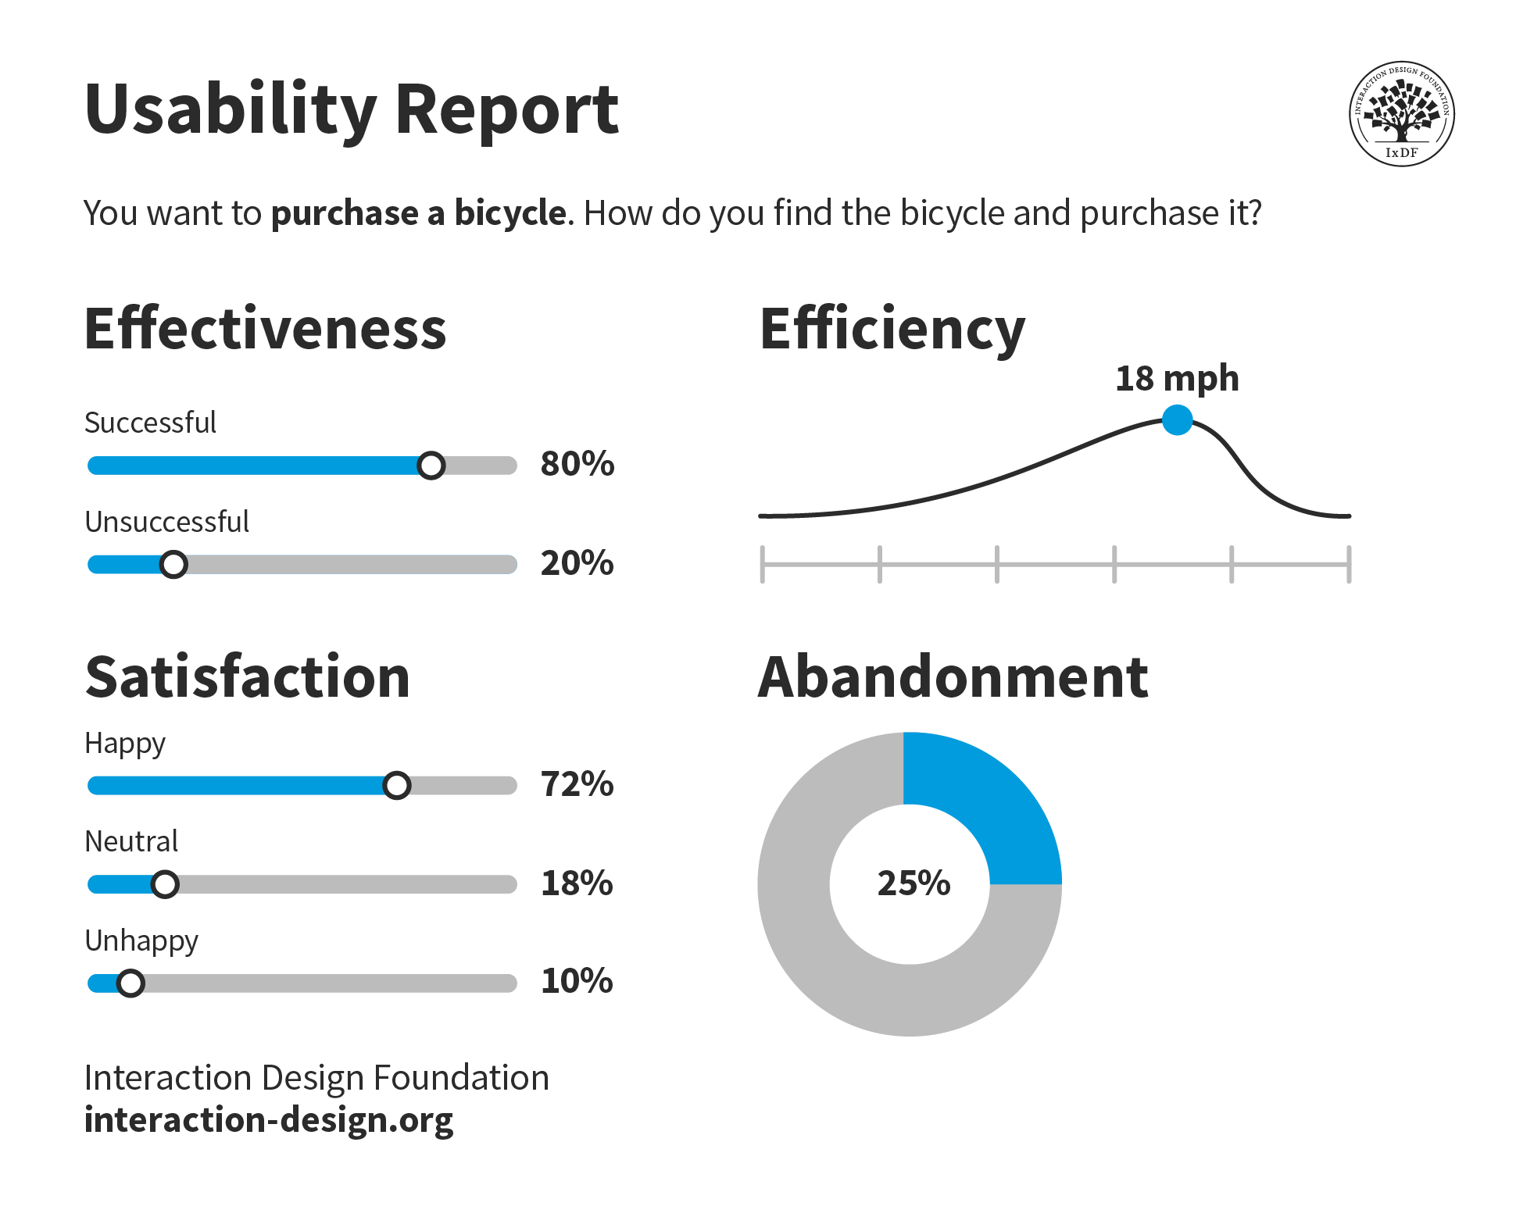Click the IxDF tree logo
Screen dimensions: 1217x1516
(1401, 114)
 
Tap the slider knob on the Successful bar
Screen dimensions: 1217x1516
(431, 466)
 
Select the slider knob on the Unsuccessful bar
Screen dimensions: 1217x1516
(173, 564)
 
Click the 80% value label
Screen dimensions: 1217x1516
(577, 464)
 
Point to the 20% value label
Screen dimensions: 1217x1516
(577, 563)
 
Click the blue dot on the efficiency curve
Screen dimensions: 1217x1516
(1177, 420)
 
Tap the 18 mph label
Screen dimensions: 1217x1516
(1177, 379)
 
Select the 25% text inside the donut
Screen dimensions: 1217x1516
(914, 883)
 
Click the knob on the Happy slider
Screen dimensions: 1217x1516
(397, 785)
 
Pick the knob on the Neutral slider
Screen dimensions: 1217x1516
(165, 884)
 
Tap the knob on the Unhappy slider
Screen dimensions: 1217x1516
(131, 983)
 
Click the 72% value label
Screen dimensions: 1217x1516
(577, 784)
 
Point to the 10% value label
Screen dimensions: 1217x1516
(577, 981)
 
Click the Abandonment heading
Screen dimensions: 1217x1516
(953, 677)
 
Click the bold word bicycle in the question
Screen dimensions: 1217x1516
(510, 213)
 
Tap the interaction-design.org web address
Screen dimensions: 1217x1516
(268, 1120)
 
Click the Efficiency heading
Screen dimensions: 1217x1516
(892, 330)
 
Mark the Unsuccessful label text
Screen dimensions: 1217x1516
(166, 522)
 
